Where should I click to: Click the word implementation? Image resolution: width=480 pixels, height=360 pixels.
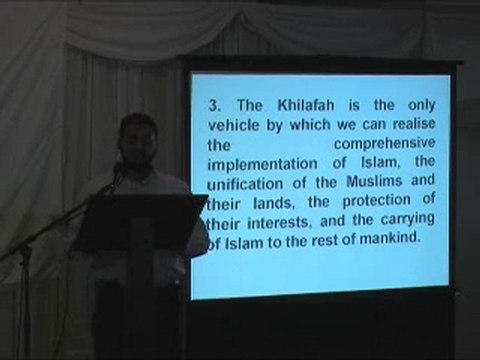coord(260,167)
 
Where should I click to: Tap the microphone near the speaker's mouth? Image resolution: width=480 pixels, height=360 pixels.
coord(119,171)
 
